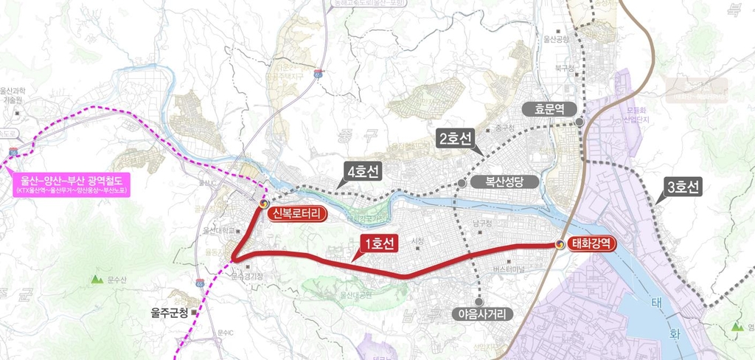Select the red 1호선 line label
click(378, 243)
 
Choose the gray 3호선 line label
click(683, 188)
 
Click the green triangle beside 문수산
click(96, 280)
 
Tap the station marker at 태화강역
click(560, 244)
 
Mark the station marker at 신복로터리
click(264, 202)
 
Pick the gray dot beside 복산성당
click(462, 181)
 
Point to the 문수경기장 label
click(248, 277)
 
